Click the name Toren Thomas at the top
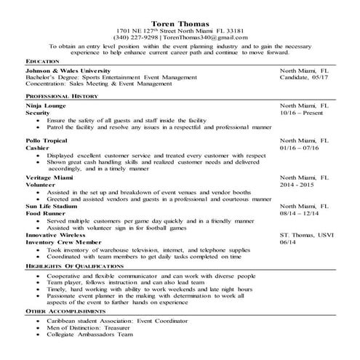point(180,23)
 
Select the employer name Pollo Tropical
point(47,140)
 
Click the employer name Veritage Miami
point(50,177)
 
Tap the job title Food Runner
point(45,214)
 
